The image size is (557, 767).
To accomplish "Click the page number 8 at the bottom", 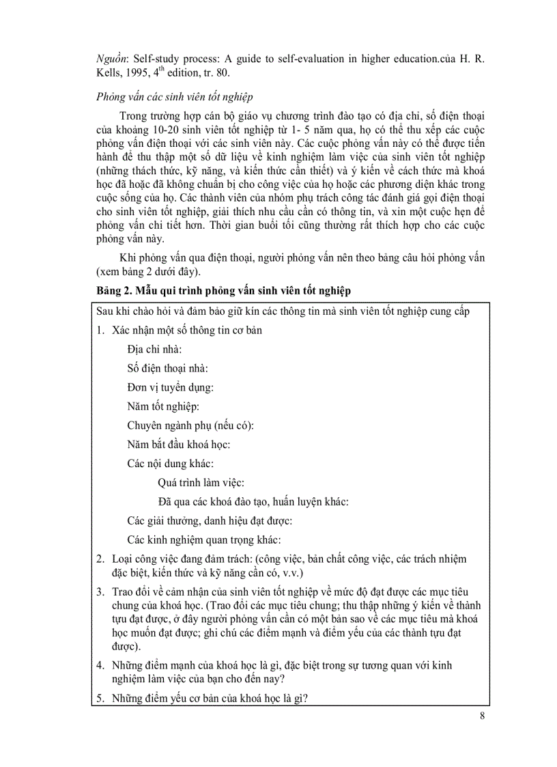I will coord(483,716).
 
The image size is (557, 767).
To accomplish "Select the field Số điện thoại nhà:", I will coord(167,368).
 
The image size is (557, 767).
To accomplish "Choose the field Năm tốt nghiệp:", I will coord(162,406).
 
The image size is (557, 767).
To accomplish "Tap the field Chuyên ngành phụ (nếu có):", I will coord(190,426).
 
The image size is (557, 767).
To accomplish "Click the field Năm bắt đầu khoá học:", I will coord(178,445).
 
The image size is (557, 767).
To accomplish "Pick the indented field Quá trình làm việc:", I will coord(201,483).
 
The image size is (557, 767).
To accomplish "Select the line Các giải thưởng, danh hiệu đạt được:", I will coord(210,521).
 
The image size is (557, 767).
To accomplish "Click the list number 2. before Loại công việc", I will coord(100,559).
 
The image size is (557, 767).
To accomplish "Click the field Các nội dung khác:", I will coord(170,464).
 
